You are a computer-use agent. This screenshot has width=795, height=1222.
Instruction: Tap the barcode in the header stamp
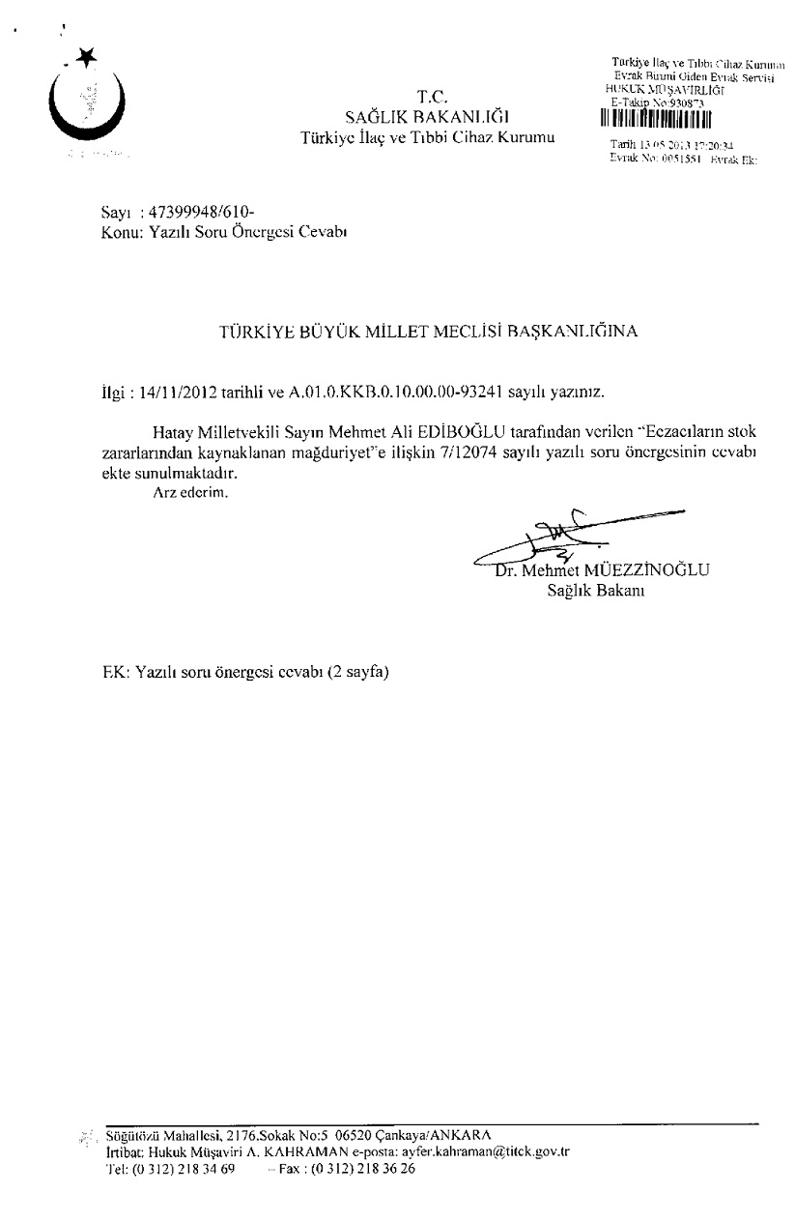click(x=655, y=121)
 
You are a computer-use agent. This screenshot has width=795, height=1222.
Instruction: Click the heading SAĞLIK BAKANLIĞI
click(x=428, y=118)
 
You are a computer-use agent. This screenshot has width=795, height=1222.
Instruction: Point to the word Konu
click(x=120, y=232)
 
